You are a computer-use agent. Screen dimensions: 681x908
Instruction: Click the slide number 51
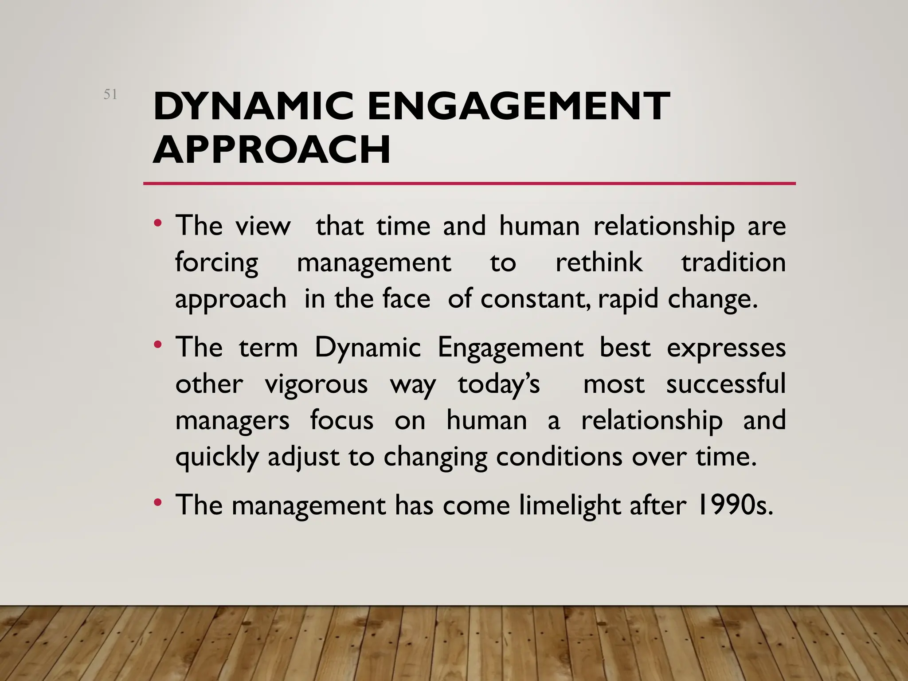pyautogui.click(x=110, y=94)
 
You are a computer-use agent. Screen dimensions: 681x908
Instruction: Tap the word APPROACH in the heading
pyautogui.click(x=271, y=149)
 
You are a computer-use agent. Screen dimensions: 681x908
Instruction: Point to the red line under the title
pyautogui.click(x=469, y=183)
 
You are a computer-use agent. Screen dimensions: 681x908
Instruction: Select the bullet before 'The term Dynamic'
pyautogui.click(x=158, y=344)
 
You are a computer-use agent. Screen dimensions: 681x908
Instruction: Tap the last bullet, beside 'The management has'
pyautogui.click(x=158, y=502)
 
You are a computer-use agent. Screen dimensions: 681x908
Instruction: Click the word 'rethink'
pyautogui.click(x=599, y=262)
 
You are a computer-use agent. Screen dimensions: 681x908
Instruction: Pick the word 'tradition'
pyautogui.click(x=733, y=262)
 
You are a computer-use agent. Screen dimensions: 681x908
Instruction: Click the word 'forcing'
pyautogui.click(x=216, y=263)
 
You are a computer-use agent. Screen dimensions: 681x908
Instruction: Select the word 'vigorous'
pyautogui.click(x=316, y=384)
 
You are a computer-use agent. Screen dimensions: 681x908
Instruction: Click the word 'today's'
pyautogui.click(x=499, y=384)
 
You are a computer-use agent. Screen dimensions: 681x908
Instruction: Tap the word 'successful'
pyautogui.click(x=726, y=384)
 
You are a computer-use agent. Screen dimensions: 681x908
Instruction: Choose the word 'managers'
pyautogui.click(x=232, y=421)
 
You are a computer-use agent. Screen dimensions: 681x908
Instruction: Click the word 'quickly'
pyautogui.click(x=217, y=457)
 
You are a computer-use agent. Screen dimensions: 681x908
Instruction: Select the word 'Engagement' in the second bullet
pyautogui.click(x=510, y=348)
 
